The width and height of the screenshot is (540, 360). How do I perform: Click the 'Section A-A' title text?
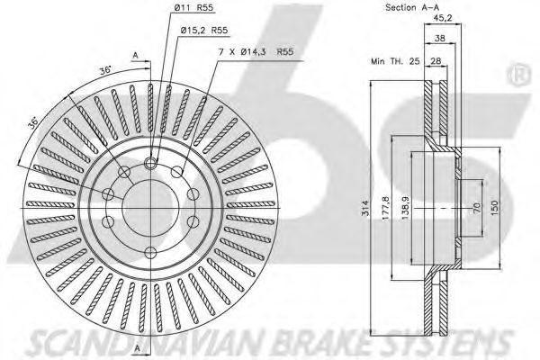pyautogui.click(x=412, y=7)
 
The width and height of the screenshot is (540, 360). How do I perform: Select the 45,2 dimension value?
pyautogui.click(x=443, y=18)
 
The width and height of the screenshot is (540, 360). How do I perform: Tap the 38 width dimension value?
pyautogui.click(x=439, y=38)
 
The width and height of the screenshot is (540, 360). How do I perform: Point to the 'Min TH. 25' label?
pyautogui.click(x=395, y=61)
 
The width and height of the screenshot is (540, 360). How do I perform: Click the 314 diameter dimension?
pyautogui.click(x=366, y=208)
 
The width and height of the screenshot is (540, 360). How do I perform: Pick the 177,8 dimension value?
pyautogui.click(x=385, y=208)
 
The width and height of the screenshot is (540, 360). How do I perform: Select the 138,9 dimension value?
pyautogui.click(x=405, y=208)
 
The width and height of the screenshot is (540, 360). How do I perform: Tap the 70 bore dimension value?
pyautogui.click(x=477, y=208)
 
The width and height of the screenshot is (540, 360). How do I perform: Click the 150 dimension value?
pyautogui.click(x=494, y=208)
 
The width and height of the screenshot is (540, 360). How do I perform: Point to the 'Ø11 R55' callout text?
pyautogui.click(x=193, y=8)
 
